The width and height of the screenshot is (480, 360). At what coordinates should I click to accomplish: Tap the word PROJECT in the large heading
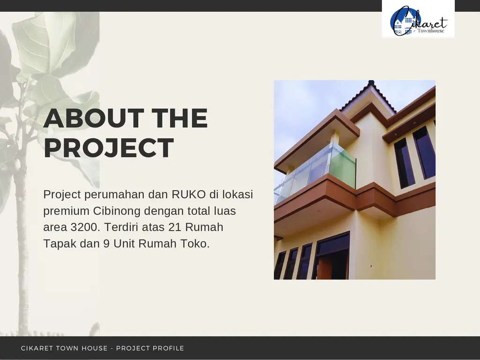click(x=109, y=148)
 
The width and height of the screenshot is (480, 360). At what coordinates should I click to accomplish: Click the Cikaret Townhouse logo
click(x=418, y=21)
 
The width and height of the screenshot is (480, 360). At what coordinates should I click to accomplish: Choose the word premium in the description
click(x=66, y=211)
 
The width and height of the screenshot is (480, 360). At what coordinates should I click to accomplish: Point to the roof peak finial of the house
click(x=371, y=82)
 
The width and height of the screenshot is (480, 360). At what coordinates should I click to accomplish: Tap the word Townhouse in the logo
click(x=431, y=30)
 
